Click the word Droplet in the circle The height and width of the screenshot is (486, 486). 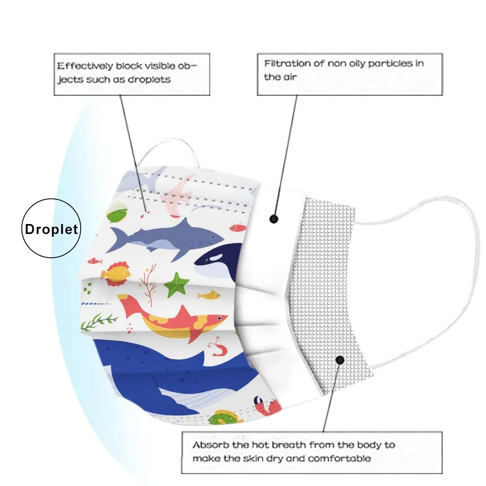click(x=51, y=229)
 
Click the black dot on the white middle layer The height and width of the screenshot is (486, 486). click(x=273, y=219)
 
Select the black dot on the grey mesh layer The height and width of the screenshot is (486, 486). click(x=340, y=360)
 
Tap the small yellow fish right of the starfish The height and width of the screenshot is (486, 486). click(x=209, y=296)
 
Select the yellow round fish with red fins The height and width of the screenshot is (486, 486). click(x=117, y=273)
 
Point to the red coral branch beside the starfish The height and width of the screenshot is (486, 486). click(x=150, y=282)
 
